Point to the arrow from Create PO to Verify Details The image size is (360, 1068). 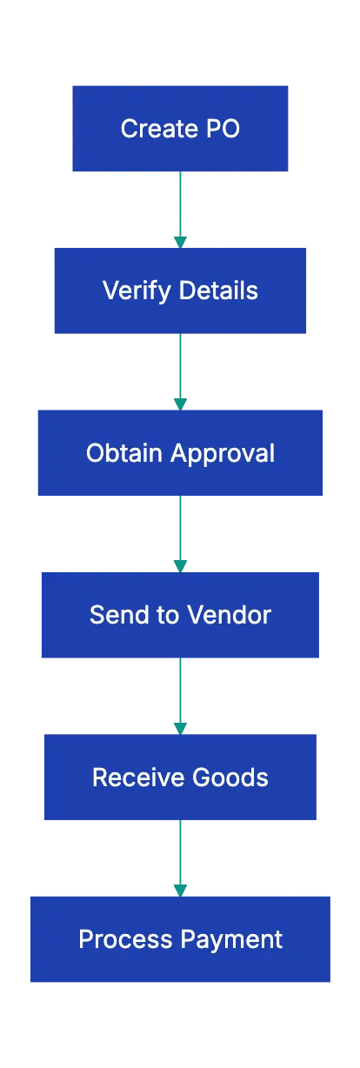[x=180, y=209]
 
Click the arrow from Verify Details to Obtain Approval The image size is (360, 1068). [x=180, y=370]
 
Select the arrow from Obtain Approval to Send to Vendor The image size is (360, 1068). [x=180, y=534]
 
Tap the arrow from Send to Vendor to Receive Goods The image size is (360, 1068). [x=180, y=695]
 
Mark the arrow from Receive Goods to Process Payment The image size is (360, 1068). [x=180, y=857]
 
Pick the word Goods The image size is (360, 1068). [x=233, y=778]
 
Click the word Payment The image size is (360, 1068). [x=231, y=940]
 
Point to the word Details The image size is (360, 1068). [x=215, y=290]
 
